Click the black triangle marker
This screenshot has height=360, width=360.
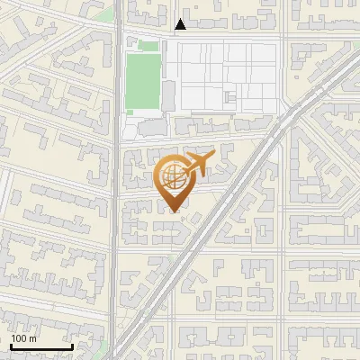(181, 25)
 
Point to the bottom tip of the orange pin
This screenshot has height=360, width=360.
(174, 211)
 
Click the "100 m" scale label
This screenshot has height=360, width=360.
(23, 338)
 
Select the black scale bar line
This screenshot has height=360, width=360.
(41, 346)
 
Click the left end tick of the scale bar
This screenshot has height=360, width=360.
(11, 345)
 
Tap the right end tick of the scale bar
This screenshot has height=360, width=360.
(72, 345)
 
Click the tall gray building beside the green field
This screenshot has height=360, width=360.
(167, 96)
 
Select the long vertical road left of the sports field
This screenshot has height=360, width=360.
(116, 180)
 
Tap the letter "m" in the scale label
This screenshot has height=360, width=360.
(32, 338)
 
